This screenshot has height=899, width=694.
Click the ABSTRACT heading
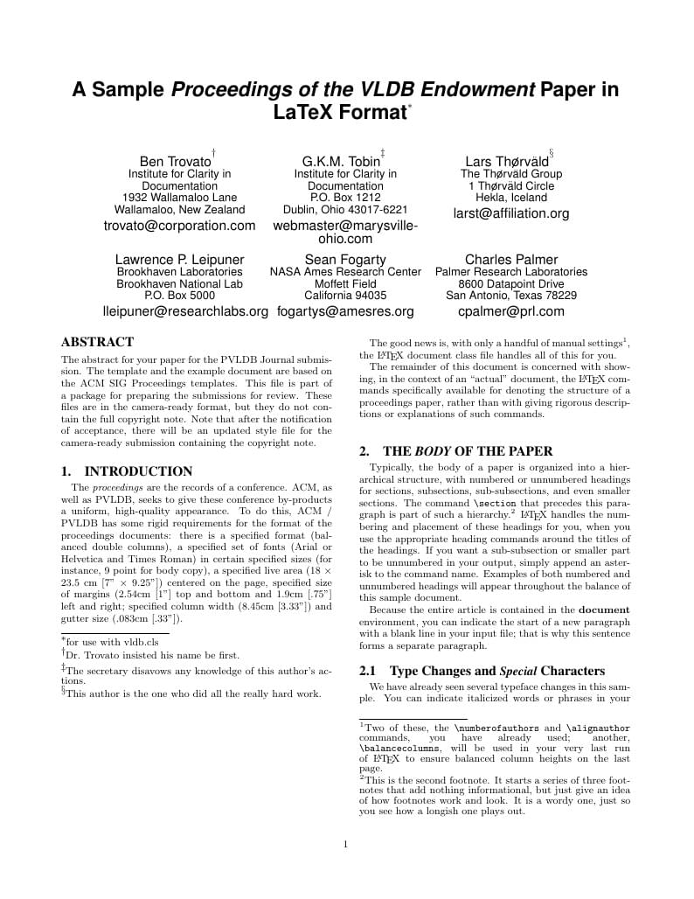click(x=97, y=342)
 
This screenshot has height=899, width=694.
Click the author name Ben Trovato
click(x=176, y=162)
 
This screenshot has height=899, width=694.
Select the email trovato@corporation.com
click(x=179, y=226)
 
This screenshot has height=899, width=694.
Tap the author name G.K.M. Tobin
click(x=341, y=162)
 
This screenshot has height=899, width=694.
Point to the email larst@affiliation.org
click(x=510, y=213)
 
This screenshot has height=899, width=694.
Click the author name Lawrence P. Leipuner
click(x=179, y=260)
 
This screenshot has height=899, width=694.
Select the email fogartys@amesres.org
click(x=345, y=311)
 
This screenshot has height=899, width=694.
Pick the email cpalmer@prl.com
click(x=510, y=311)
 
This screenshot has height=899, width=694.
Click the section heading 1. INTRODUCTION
click(x=127, y=471)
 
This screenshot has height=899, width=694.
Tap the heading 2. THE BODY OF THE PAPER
click(x=456, y=451)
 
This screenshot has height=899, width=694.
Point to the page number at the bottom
click(x=346, y=844)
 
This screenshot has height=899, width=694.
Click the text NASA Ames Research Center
click(x=345, y=272)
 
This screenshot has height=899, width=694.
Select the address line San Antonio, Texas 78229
click(x=510, y=296)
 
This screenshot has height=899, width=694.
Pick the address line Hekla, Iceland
click(x=510, y=198)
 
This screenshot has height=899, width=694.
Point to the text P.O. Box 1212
click(x=345, y=198)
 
